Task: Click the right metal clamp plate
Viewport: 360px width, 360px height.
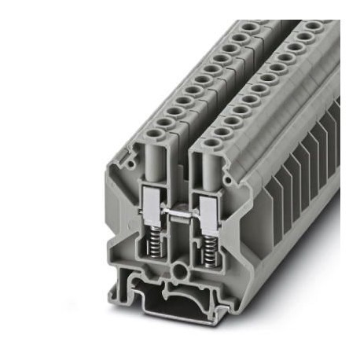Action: click(209, 207)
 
